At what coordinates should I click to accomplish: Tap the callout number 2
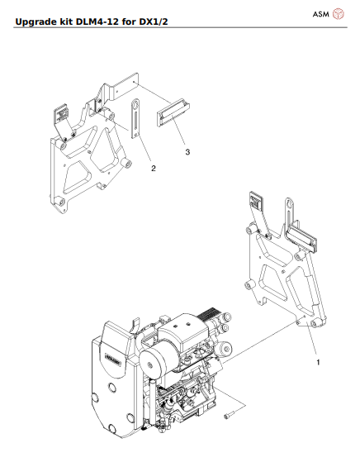pos(153,168)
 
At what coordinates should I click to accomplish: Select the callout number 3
pos(187,152)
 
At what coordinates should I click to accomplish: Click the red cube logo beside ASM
pos(338,14)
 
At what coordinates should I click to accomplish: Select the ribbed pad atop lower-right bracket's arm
pos(255,202)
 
